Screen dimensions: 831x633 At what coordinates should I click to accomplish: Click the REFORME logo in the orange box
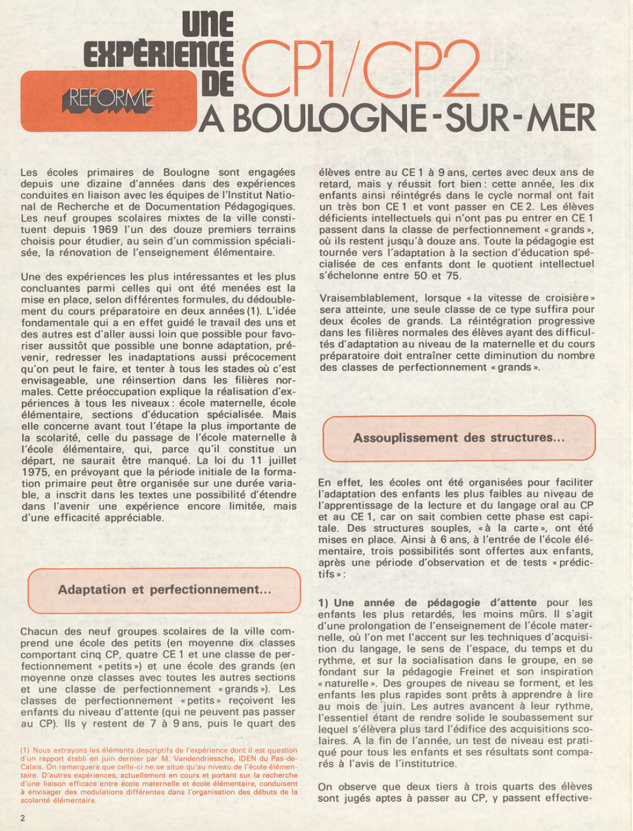[x=108, y=99]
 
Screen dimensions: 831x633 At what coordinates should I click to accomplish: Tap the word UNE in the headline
[x=208, y=25]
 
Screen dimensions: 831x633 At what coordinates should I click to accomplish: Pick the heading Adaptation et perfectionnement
[x=165, y=590]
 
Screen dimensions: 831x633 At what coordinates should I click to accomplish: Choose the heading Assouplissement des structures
[x=459, y=438]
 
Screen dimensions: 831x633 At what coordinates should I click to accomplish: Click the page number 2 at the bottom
[x=23, y=818]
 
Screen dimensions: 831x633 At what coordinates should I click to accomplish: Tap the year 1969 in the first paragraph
[x=104, y=229]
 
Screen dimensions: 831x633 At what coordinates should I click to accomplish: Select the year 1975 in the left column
[x=35, y=472]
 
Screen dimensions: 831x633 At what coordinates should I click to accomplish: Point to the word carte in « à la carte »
[x=522, y=528]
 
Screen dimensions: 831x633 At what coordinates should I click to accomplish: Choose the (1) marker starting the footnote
[x=25, y=751]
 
